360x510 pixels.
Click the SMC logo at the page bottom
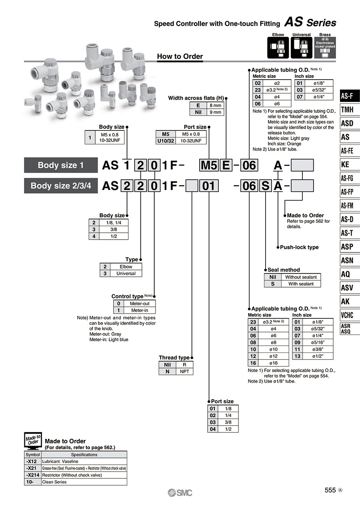click(x=180, y=493)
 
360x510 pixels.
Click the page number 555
click(x=330, y=490)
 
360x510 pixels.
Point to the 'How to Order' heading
click(x=180, y=56)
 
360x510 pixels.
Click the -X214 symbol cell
click(x=32, y=475)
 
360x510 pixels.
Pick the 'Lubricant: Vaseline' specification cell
click(x=84, y=461)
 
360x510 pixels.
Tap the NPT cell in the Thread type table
click(x=184, y=372)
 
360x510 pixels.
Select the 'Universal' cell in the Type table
click(x=126, y=273)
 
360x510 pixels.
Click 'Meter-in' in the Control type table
click(x=140, y=310)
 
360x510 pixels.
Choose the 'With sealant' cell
click(x=301, y=284)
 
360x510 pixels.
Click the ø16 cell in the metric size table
click(x=273, y=363)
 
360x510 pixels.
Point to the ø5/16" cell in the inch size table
click(x=318, y=342)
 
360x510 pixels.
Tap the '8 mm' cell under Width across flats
click(x=216, y=106)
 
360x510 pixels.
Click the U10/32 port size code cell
click(x=166, y=141)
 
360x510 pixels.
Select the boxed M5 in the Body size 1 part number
click(x=209, y=165)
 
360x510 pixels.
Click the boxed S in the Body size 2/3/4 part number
click(x=265, y=186)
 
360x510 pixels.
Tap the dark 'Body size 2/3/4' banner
click(x=61, y=186)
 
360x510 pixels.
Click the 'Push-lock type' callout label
click(x=299, y=247)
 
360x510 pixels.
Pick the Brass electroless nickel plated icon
click(x=325, y=48)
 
